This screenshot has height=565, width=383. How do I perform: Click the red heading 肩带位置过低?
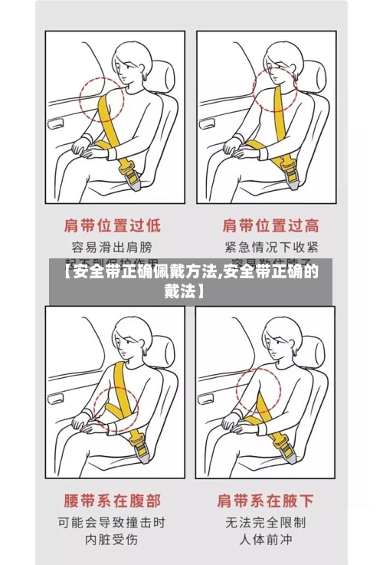coord(112,225)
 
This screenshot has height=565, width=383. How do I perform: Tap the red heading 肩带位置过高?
coord(270,225)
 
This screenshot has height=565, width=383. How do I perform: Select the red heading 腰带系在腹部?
coord(112,501)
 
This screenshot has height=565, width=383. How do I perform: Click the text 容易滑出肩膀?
coord(112,247)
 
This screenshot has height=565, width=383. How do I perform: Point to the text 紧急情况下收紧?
coord(270,247)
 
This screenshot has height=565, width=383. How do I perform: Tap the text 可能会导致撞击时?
coord(112,523)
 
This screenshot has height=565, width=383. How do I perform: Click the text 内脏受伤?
coord(112,541)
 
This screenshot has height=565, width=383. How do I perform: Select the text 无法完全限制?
coord(266,523)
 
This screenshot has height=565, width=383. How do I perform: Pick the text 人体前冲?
coord(266,541)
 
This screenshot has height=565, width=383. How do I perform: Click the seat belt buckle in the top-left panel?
coord(129,175)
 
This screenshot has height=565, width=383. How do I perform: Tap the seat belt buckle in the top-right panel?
coord(289,169)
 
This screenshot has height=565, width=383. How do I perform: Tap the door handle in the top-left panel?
coord(57,122)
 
